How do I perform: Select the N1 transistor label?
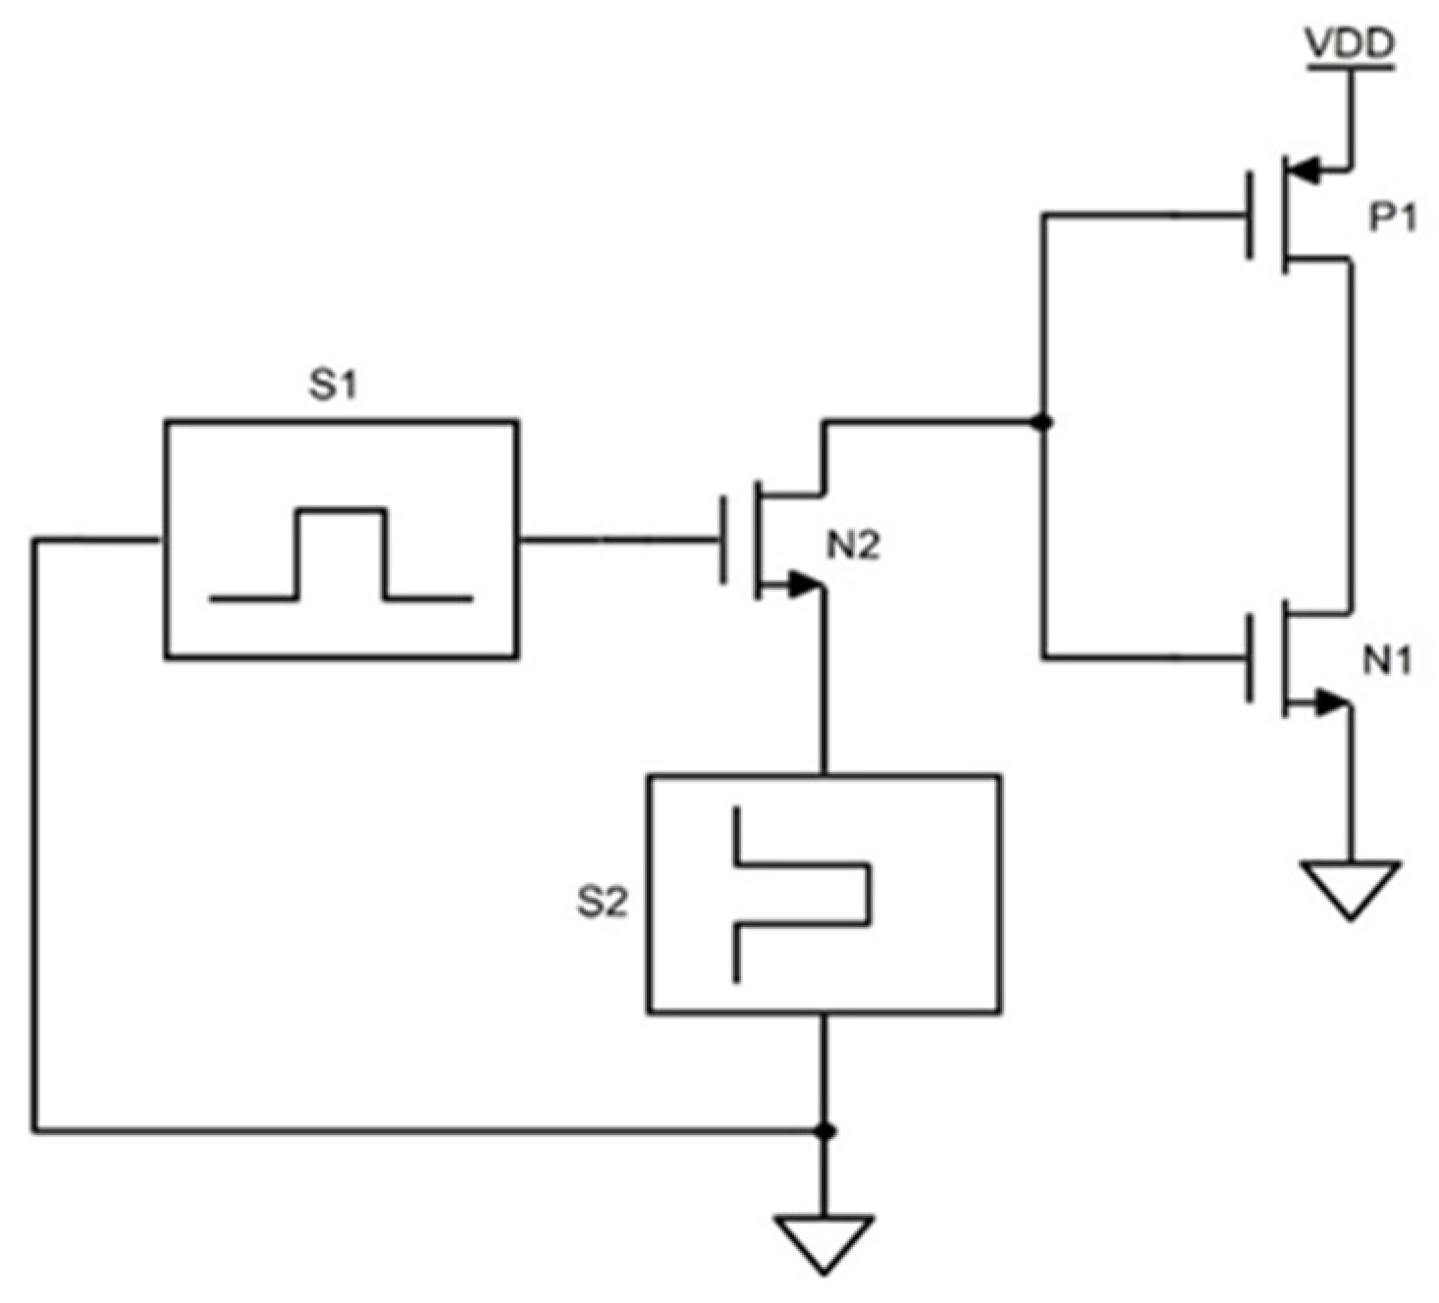tap(1387, 663)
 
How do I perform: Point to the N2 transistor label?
tap(853, 546)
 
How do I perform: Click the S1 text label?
tap(334, 387)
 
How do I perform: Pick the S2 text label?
tap(601, 902)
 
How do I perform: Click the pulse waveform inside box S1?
tap(342, 554)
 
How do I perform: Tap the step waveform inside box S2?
tap(800, 893)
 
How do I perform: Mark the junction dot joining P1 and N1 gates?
tap(1043, 423)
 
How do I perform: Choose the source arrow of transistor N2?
tap(801, 586)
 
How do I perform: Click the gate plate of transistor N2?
tap(724, 540)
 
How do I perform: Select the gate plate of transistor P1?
tap(1250, 215)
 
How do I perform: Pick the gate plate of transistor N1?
tap(1250, 657)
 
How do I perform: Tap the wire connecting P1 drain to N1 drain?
tap(1351, 432)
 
